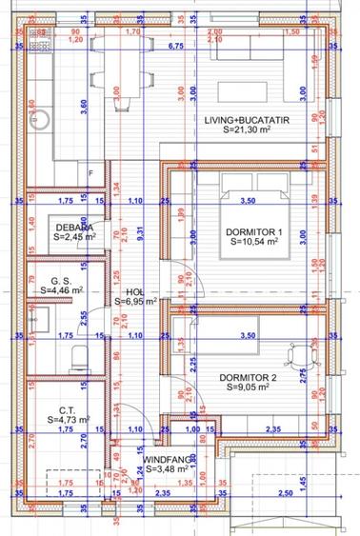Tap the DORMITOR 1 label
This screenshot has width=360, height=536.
252,231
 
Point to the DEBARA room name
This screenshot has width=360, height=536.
73,228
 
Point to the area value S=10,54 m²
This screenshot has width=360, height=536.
252,242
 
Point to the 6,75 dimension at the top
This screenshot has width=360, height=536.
175,45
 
